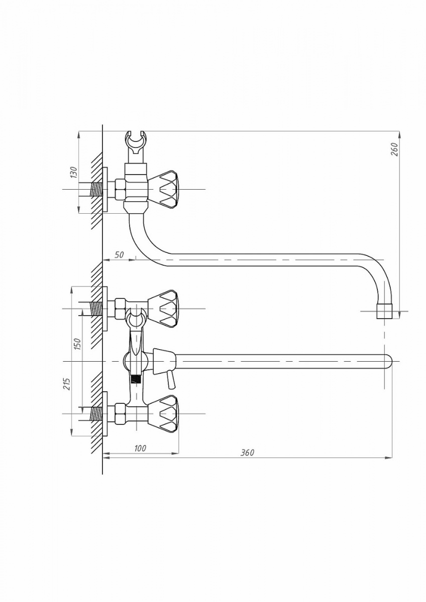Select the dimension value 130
[73, 172]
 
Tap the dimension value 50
[119, 255]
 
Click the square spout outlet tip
[384, 312]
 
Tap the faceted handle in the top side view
[164, 189]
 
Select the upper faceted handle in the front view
[164, 309]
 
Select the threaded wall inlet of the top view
[96, 190]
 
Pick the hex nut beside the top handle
[120, 190]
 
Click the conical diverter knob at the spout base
[164, 362]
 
